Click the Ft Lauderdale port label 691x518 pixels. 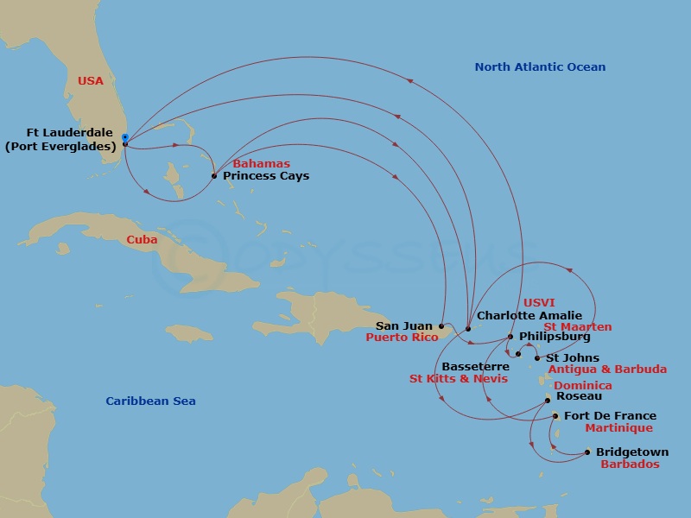(60, 139)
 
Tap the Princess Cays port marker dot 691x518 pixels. (214, 176)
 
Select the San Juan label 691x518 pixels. (403, 326)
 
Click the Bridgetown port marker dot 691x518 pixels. (587, 452)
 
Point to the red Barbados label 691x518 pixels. (630, 464)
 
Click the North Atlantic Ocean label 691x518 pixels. (540, 67)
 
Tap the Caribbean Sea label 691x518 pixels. (150, 401)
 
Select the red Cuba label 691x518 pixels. (142, 239)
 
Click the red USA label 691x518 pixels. (91, 81)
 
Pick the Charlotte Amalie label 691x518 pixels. (529, 316)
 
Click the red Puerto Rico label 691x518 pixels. (402, 338)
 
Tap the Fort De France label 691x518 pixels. (610, 416)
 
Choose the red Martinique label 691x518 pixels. (618, 428)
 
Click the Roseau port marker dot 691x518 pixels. (548, 400)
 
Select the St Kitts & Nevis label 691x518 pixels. (458, 378)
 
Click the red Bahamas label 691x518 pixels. (262, 164)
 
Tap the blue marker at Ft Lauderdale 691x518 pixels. (125, 137)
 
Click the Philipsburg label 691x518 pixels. (555, 337)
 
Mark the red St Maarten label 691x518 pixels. (577, 327)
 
